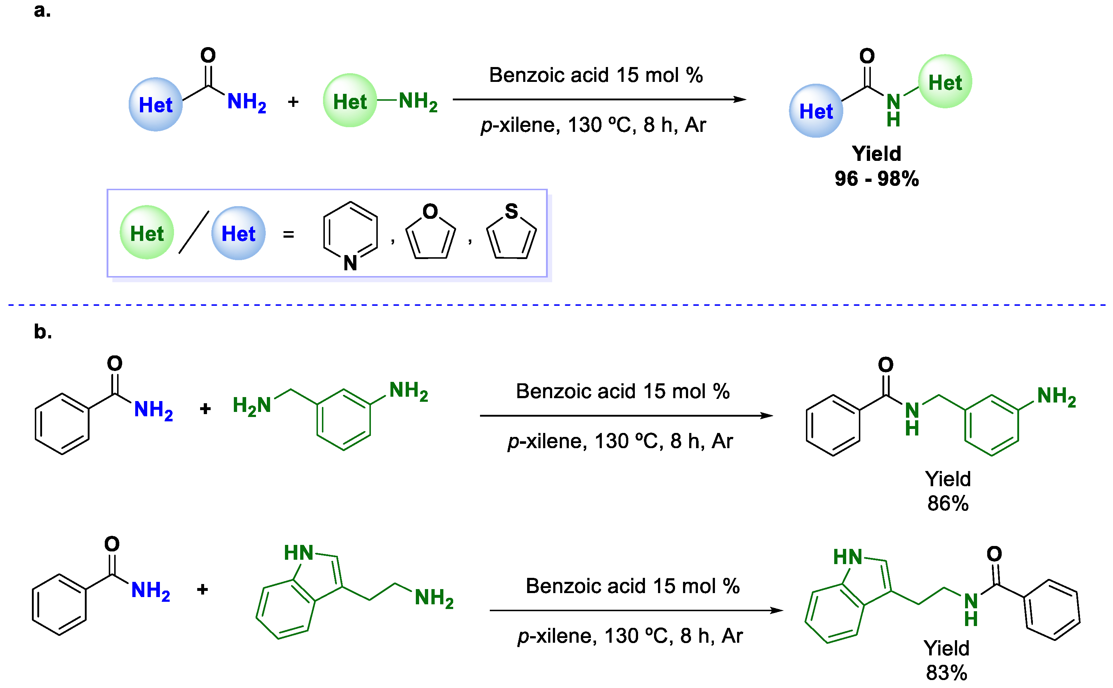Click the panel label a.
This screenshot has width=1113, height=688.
pos(42,10)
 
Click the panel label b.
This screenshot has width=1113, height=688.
pos(42,332)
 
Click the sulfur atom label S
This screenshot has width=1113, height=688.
pos(511,212)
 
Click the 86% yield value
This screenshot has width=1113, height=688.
pos(948,504)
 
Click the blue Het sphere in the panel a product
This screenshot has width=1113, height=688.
pos(816,111)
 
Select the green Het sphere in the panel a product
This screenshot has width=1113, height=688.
pos(945,82)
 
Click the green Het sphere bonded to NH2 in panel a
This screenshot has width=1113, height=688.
pos(349,101)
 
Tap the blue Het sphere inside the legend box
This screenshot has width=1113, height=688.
pos(238,233)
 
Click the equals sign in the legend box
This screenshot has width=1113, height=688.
pos(288,235)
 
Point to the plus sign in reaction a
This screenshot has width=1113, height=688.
pos(293,101)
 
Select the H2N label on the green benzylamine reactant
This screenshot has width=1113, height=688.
pos(252,405)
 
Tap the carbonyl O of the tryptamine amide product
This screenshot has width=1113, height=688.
pos(994,554)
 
